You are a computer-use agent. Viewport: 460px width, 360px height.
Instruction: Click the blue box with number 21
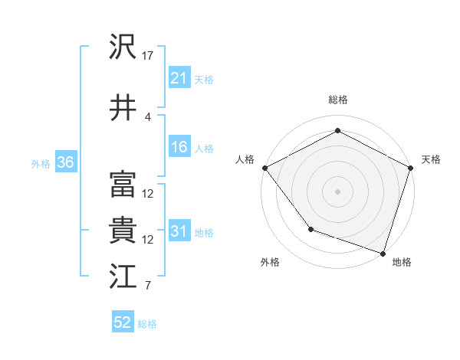pos(179,78)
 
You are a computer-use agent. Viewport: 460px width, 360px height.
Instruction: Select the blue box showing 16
pos(179,148)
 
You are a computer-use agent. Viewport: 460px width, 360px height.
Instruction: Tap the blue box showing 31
pos(179,232)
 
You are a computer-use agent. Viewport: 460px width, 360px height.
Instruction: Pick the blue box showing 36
pos(65,163)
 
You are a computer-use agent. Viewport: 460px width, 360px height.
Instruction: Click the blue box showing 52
pos(123,323)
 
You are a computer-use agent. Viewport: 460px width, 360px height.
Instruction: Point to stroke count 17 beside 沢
pos(148,55)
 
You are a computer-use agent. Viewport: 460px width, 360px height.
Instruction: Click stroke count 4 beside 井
pos(148,116)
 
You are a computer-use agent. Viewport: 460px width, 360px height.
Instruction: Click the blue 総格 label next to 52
pos(147,324)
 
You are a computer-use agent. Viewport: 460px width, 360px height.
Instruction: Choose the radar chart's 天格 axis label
pos(431,159)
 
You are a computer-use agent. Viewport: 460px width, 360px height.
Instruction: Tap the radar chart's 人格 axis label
pos(245,159)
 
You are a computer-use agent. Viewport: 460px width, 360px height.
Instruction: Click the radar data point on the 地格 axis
pos(383,252)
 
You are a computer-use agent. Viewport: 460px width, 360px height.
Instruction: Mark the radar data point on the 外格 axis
pos(310,228)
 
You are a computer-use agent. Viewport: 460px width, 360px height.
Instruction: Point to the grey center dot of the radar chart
pos(337,191)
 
